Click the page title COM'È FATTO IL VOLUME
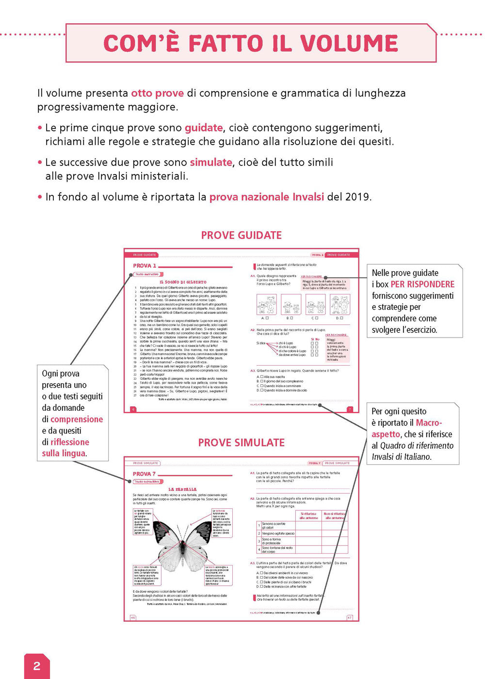pyautogui.click(x=251, y=43)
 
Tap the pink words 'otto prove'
pyautogui.click(x=157, y=93)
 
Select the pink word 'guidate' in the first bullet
pyautogui.click(x=204, y=128)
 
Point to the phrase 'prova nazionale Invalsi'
pyautogui.click(x=266, y=197)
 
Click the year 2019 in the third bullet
pyautogui.click(x=357, y=197)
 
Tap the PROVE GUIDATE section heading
pyautogui.click(x=241, y=235)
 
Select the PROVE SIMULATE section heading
pyautogui.click(x=241, y=442)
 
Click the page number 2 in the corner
pyautogui.click(x=37, y=665)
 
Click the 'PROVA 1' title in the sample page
pyautogui.click(x=145, y=266)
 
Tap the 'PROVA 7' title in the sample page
pyautogui.click(x=144, y=474)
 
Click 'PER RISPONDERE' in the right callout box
pyautogui.click(x=422, y=284)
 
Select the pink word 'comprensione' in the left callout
pyautogui.click(x=77, y=420)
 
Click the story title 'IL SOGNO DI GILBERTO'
pyautogui.click(x=183, y=282)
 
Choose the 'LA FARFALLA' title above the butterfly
pyautogui.click(x=182, y=489)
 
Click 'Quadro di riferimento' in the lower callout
pyautogui.click(x=417, y=446)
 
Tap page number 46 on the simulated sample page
pyautogui.click(x=133, y=617)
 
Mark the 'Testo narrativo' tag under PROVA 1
pyautogui.click(x=147, y=275)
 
